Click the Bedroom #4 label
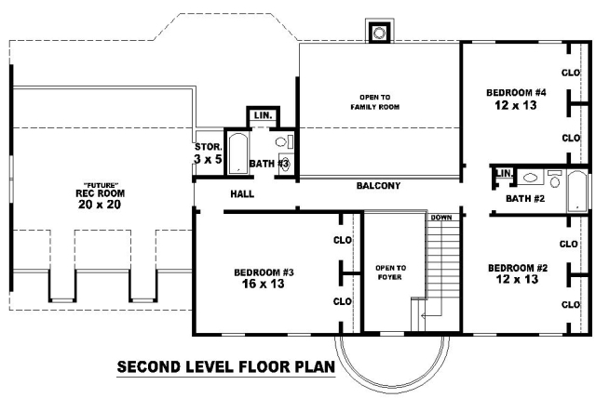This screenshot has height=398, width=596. (516, 93)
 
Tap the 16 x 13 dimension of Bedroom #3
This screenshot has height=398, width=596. (263, 284)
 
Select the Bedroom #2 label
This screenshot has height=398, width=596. (518, 268)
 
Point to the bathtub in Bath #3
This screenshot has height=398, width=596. (238, 153)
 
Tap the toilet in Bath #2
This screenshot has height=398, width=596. (555, 179)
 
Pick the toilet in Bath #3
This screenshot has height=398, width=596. (283, 142)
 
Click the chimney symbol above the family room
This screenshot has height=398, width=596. (379, 33)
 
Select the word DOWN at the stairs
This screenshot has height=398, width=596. (441, 218)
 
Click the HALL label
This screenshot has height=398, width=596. (242, 194)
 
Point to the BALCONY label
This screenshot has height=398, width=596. (378, 186)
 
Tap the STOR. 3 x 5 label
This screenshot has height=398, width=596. (208, 153)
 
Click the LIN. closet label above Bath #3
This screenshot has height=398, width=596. (263, 115)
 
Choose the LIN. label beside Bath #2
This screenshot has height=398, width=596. (504, 173)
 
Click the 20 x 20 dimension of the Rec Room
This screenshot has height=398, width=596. (100, 205)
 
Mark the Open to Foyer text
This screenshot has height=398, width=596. (390, 272)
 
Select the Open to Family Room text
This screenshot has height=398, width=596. (374, 102)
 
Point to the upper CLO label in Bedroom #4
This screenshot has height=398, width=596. (571, 73)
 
